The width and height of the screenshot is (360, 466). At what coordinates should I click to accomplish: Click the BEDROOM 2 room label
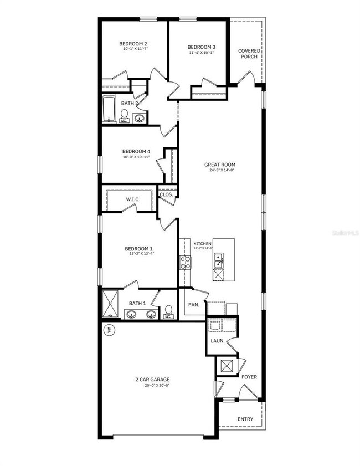[x=133, y=43]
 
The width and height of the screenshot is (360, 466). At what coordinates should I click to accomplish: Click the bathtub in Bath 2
[x=109, y=108]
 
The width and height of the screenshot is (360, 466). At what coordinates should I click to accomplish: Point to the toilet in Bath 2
[x=125, y=116]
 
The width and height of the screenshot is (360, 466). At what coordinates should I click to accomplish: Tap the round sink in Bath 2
[x=140, y=118]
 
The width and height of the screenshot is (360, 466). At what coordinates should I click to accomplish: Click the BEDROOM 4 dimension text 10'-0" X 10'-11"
[x=136, y=157]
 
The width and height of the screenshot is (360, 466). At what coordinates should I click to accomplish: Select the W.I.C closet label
[x=132, y=199]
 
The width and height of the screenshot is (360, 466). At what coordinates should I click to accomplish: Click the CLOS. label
[x=166, y=194]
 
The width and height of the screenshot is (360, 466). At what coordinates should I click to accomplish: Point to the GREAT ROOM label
[x=220, y=165]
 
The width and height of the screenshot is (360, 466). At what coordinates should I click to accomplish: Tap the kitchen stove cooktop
[x=184, y=263]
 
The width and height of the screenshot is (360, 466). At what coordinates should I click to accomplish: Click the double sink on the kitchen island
[x=219, y=260]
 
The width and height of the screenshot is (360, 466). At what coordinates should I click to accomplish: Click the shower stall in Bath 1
[x=111, y=304]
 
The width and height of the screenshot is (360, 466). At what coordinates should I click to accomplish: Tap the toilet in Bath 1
[x=168, y=313]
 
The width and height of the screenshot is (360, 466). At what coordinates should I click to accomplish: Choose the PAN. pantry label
[x=193, y=305]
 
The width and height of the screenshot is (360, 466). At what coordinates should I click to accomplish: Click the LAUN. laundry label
[x=217, y=341]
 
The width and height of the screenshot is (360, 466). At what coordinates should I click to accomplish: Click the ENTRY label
[x=245, y=419]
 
